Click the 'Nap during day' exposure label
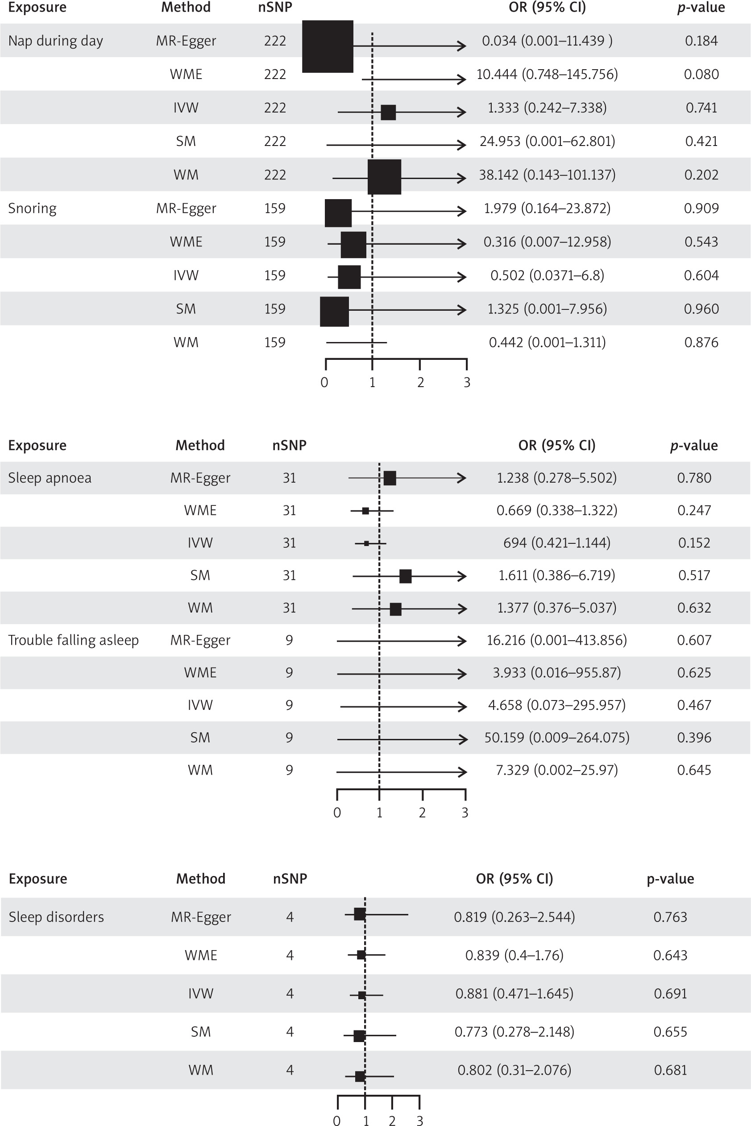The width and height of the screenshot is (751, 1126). [x=56, y=41]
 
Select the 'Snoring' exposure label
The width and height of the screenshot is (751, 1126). [x=32, y=209]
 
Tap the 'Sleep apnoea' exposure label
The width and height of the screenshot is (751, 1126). [x=50, y=478]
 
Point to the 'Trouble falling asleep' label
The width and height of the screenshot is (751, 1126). [x=73, y=640]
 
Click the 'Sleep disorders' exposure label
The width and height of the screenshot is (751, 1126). [x=56, y=917]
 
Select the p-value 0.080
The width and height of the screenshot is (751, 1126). [x=701, y=74]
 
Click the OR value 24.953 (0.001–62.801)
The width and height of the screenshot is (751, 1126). [x=547, y=142]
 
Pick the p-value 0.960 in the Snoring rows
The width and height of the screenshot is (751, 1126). [x=701, y=309]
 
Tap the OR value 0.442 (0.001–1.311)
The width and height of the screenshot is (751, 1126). [x=547, y=342]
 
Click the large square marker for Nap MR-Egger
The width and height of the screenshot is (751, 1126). [x=328, y=46]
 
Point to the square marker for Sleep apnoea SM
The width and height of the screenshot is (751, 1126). [x=405, y=576]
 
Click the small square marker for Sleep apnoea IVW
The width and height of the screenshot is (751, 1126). [x=366, y=543]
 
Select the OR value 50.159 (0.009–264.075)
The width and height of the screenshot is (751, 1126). [x=556, y=738]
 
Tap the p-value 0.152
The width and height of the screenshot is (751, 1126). [x=693, y=543]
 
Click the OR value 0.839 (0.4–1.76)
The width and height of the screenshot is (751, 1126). [x=514, y=955]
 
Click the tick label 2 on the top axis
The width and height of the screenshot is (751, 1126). [x=420, y=382]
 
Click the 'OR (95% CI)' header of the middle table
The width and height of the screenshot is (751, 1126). [x=556, y=446]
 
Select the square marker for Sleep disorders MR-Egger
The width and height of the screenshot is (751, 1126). [x=359, y=914]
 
